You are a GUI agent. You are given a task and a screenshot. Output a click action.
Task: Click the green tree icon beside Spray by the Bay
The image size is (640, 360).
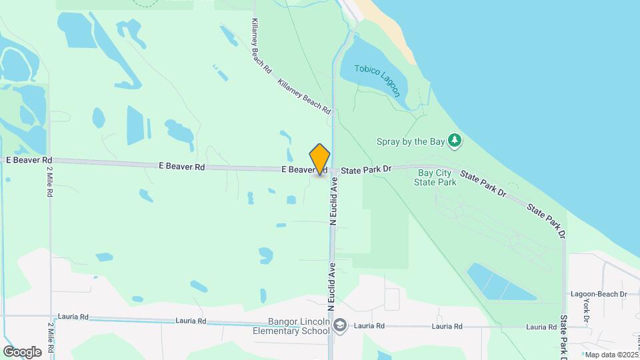[455, 140]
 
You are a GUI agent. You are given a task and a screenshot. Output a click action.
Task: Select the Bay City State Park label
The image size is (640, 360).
[436, 177]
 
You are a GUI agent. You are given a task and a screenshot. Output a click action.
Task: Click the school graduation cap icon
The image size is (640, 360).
[341, 325]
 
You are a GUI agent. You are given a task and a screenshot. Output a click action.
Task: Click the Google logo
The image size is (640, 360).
[21, 351]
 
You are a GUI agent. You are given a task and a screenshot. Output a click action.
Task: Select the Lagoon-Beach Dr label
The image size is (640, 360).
[599, 294]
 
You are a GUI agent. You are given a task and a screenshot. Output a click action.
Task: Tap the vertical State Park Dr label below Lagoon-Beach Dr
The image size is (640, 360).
[564, 337]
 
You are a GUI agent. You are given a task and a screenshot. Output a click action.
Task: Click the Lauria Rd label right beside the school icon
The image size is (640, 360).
[370, 326]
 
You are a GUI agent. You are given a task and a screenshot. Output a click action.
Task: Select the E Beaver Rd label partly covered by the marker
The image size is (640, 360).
[297, 170]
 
